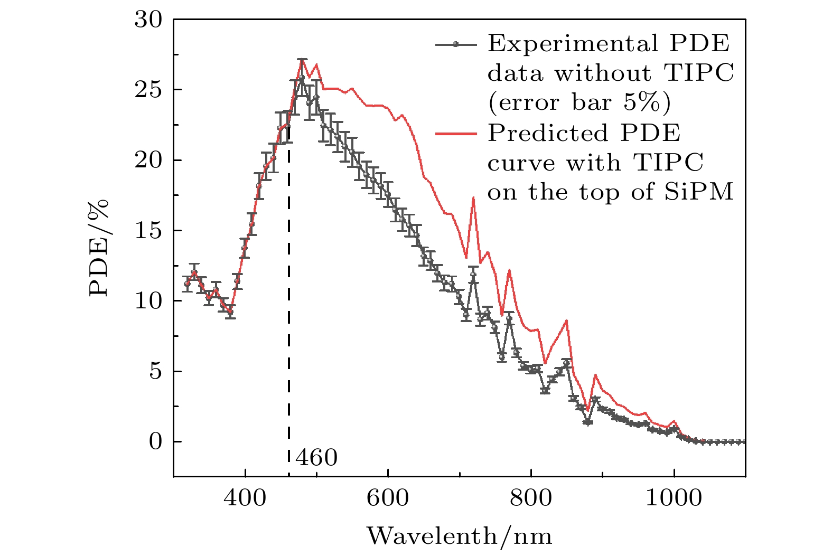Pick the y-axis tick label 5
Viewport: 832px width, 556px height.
coord(155,371)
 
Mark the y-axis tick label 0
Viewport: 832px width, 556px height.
coord(155,441)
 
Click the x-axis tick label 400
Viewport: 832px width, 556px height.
coord(245,497)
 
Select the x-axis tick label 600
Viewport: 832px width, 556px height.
coord(388,497)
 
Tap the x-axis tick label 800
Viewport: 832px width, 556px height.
coord(531,497)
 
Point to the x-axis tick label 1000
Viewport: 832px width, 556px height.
coord(674,497)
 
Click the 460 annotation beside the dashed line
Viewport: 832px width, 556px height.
coord(316,458)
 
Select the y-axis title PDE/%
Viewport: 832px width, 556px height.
coord(99,248)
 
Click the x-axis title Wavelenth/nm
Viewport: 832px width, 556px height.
coord(459,536)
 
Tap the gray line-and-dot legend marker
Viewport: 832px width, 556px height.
coord(456,44)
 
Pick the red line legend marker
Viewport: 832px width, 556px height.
coord(456,133)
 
